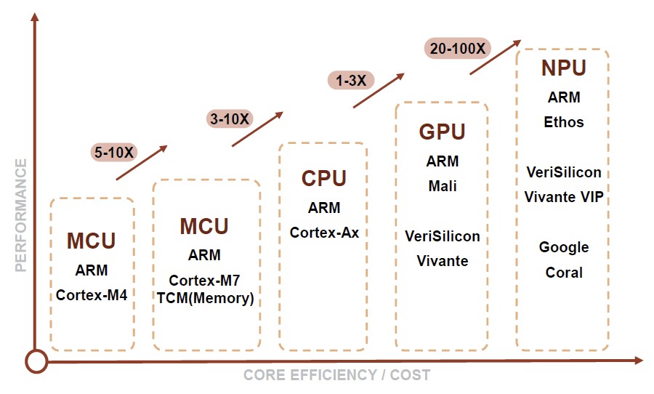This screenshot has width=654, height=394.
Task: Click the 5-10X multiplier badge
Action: tap(113, 152)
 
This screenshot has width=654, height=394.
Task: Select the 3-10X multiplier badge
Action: tap(229, 118)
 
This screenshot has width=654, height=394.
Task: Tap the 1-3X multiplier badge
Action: tap(350, 80)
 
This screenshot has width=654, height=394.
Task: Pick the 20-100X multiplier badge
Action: tap(457, 49)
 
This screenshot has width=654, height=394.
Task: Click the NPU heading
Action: tap(563, 68)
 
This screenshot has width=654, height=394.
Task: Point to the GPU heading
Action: tap(442, 132)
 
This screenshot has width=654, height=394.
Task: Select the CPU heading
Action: tap(324, 178)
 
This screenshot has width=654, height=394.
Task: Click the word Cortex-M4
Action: tap(92, 295)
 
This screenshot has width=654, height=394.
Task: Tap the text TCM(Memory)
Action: tap(205, 298)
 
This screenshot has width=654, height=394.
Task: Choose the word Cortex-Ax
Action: tap(324, 233)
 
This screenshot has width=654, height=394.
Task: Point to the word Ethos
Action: tap(564, 122)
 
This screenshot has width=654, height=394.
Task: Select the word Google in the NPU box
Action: tap(564, 247)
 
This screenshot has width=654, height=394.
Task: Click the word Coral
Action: tap(564, 273)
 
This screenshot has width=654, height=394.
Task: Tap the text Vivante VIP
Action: tap(564, 197)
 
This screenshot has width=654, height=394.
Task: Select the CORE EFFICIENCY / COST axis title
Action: tap(336, 376)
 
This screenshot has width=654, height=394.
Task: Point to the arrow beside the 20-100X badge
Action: tap(495, 57)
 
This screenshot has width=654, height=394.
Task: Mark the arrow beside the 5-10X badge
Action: tap(142, 162)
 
